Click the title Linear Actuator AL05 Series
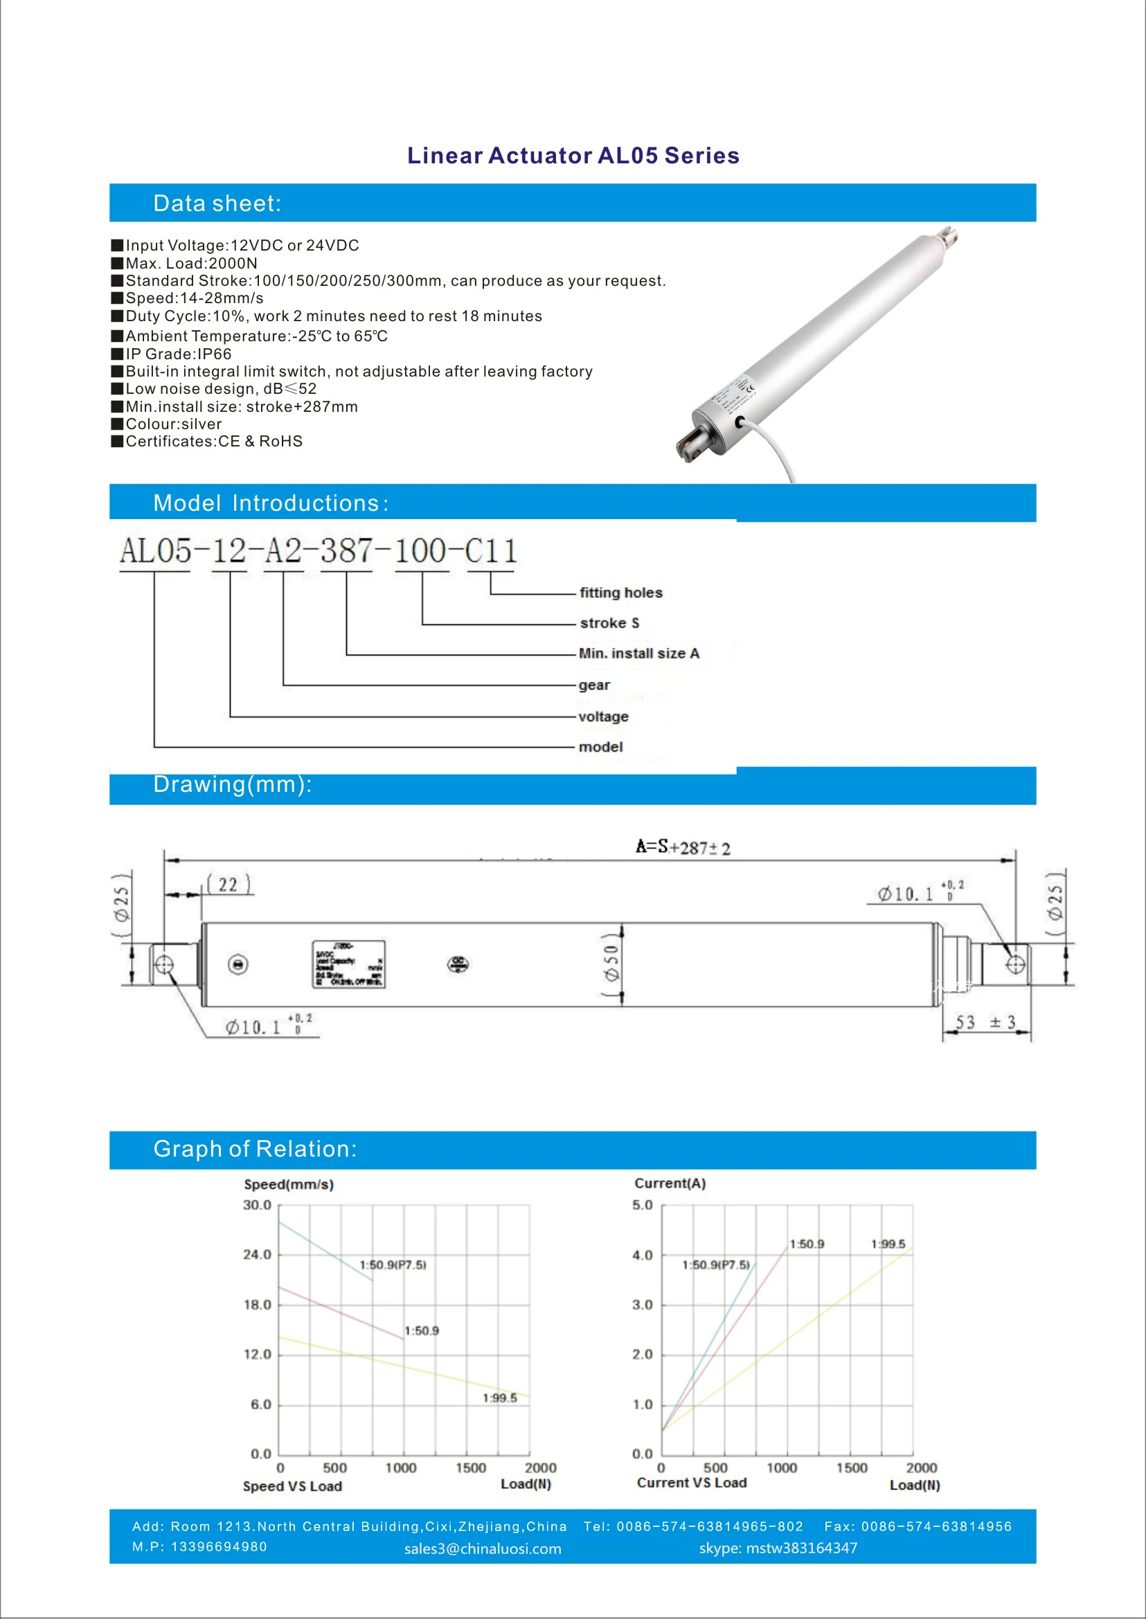pyautogui.click(x=573, y=155)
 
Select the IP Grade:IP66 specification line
pyautogui.click(x=178, y=354)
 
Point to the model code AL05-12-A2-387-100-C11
pyautogui.click(x=319, y=551)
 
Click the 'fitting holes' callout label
pyautogui.click(x=621, y=593)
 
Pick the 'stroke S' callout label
pyautogui.click(x=609, y=623)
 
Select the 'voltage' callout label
pyautogui.click(x=603, y=716)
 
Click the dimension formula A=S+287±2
pyautogui.click(x=683, y=847)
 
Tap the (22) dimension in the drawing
pyautogui.click(x=229, y=885)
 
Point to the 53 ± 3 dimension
pyautogui.click(x=985, y=1022)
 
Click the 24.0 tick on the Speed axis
pyautogui.click(x=257, y=1255)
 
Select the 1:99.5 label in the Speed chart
pyautogui.click(x=500, y=1398)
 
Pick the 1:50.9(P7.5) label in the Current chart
pyautogui.click(x=715, y=1265)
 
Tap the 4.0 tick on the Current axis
pyautogui.click(x=642, y=1256)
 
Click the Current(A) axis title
pyautogui.click(x=670, y=1183)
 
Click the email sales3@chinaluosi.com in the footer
pyautogui.click(x=483, y=1548)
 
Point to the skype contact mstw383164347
pyautogui.click(x=778, y=1548)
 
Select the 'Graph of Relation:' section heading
pyautogui.click(x=255, y=1149)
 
